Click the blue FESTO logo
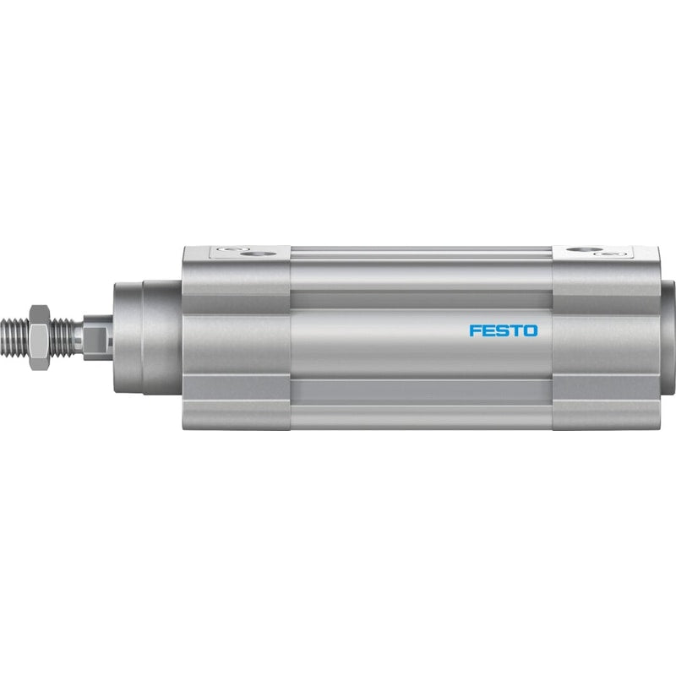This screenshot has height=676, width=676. pos(504,330)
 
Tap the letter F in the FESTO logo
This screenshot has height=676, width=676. pos(475,330)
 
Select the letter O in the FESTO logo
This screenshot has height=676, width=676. pos(532,330)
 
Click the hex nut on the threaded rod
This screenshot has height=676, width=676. pos(40,337)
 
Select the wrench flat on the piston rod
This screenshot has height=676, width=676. pos(97,337)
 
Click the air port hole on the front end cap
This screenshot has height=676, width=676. pos(258,254)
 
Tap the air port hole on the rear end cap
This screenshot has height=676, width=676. pos(584,249)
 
